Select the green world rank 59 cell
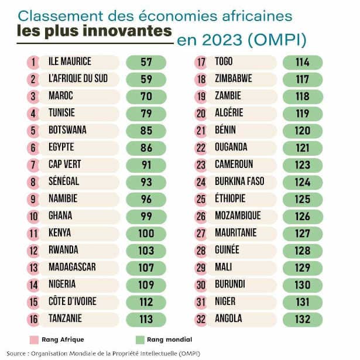pos(146,78)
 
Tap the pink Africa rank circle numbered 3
pos(33,95)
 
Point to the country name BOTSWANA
pos(68,130)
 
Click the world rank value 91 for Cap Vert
pos(146,164)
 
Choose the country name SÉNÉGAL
pos(64,181)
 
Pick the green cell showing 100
pos(146,234)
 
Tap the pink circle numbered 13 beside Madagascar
pos(33,268)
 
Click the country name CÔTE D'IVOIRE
pos(73,302)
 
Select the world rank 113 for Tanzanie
pos(146,320)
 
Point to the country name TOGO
pos(224,61)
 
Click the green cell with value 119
pos(302,113)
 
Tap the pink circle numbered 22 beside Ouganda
pos(201,147)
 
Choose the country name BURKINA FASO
pos(239,181)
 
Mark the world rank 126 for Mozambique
pos(302,216)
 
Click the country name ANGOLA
pos(229,320)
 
